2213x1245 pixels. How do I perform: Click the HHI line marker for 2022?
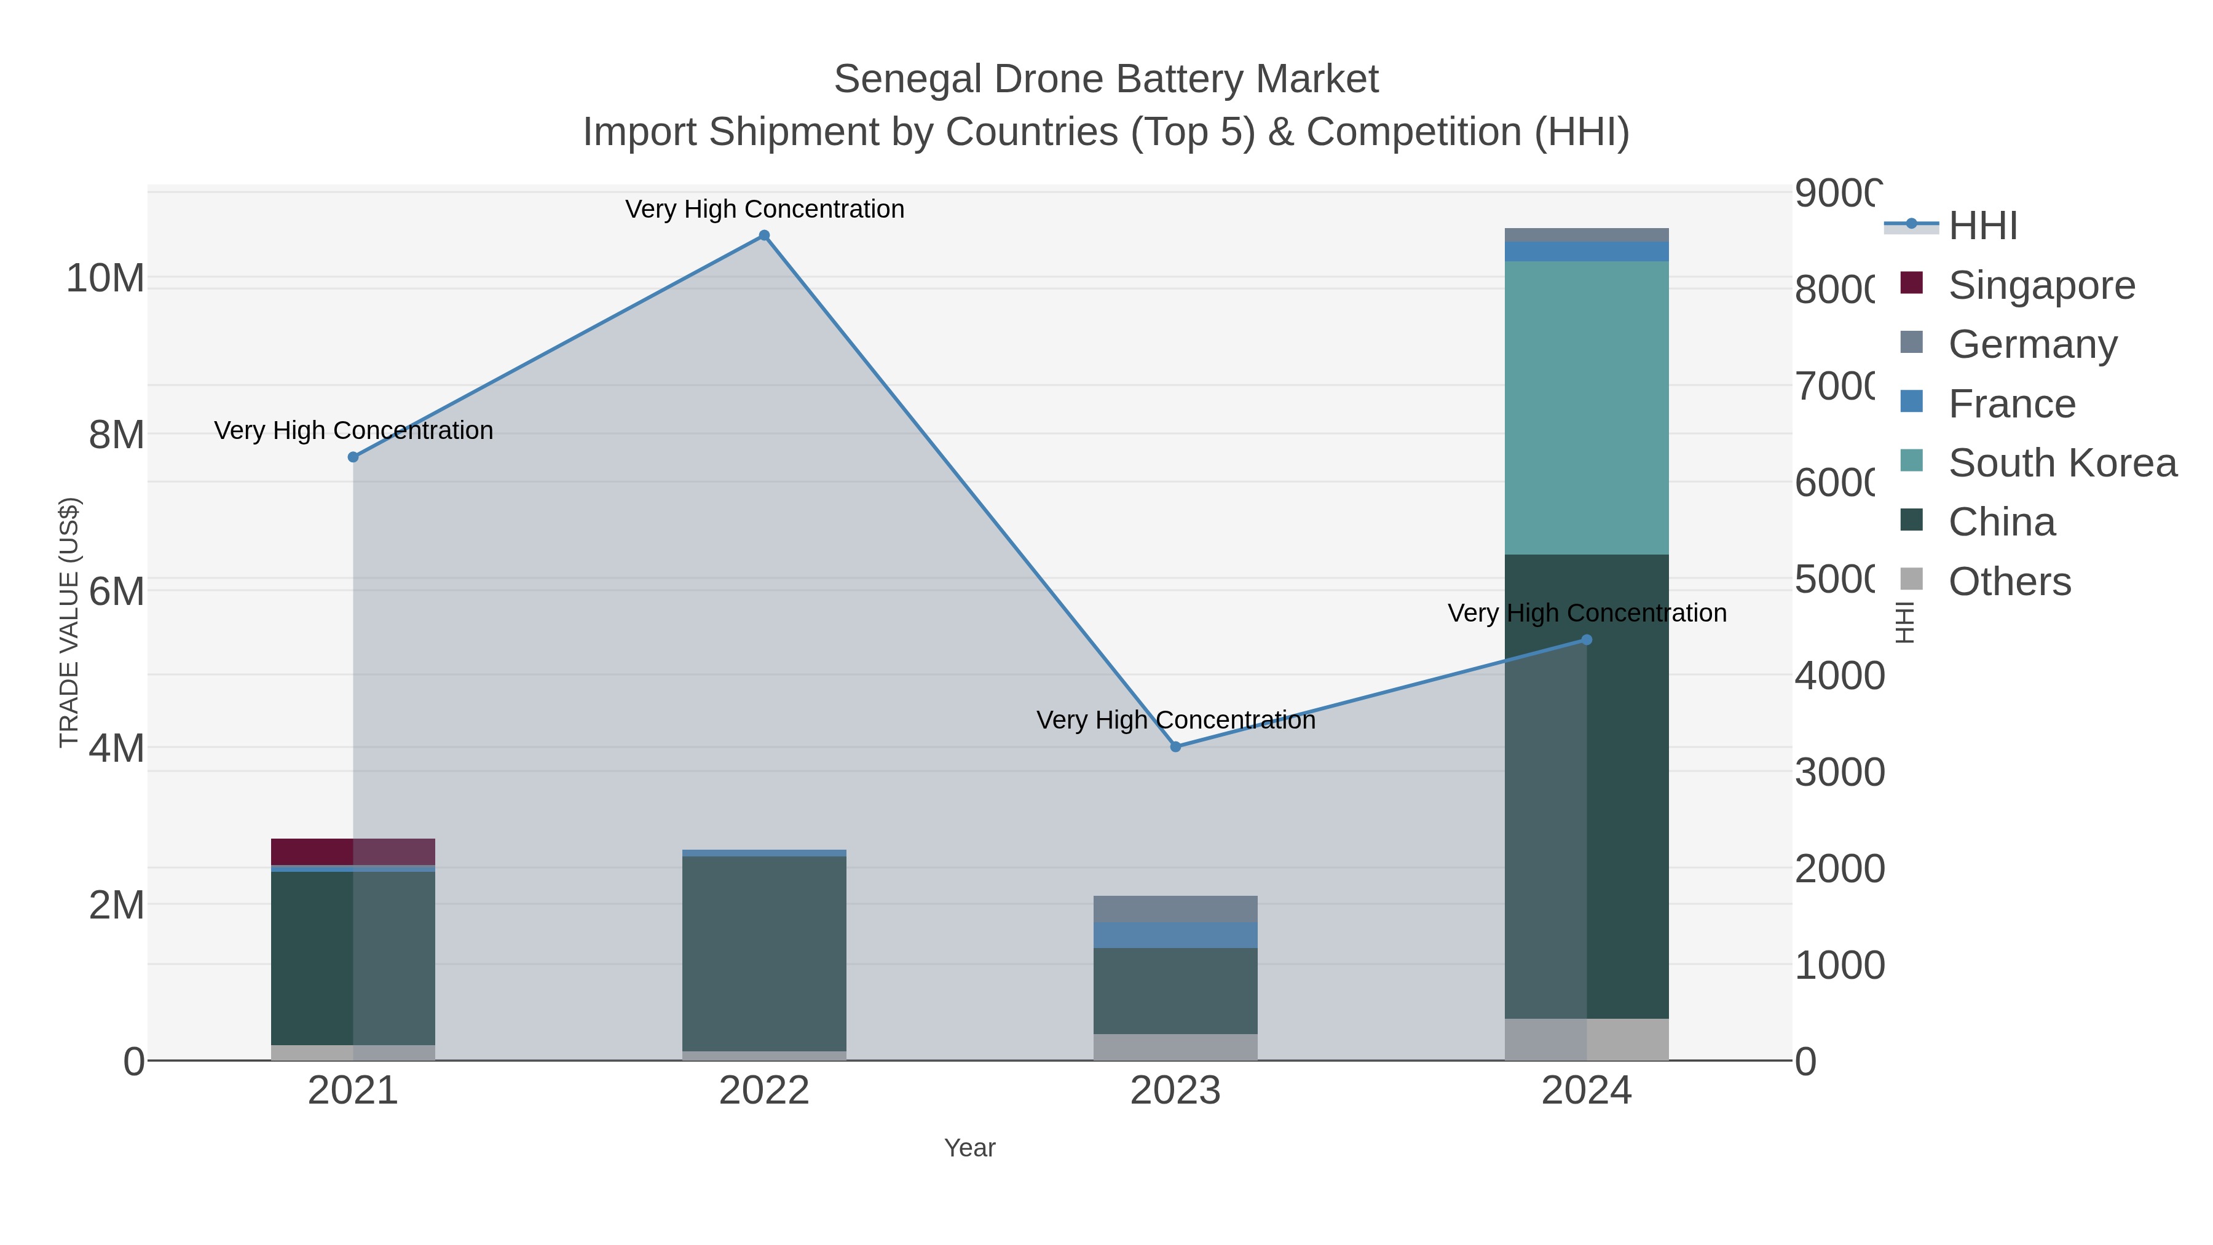[763, 235]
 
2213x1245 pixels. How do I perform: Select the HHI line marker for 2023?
[1175, 746]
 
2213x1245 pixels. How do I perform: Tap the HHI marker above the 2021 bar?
[353, 457]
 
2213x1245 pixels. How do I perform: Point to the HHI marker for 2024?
[1587, 639]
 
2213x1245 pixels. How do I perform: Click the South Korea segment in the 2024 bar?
[1587, 408]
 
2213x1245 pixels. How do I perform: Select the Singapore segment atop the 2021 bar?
[353, 852]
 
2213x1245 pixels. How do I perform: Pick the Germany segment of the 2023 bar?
[1175, 909]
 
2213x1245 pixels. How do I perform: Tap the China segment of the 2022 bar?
[763, 954]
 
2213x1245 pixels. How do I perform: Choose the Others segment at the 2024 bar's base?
[1587, 1039]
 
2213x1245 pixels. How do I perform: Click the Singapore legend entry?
[2041, 285]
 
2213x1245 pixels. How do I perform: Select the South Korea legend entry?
[2062, 463]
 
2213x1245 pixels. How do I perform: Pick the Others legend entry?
[2008, 582]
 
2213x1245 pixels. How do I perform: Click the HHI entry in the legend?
[1982, 226]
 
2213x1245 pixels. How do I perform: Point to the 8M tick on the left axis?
[116, 435]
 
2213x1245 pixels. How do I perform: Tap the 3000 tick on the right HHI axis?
[1839, 772]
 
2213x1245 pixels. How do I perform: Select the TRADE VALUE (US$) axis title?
[69, 622]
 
